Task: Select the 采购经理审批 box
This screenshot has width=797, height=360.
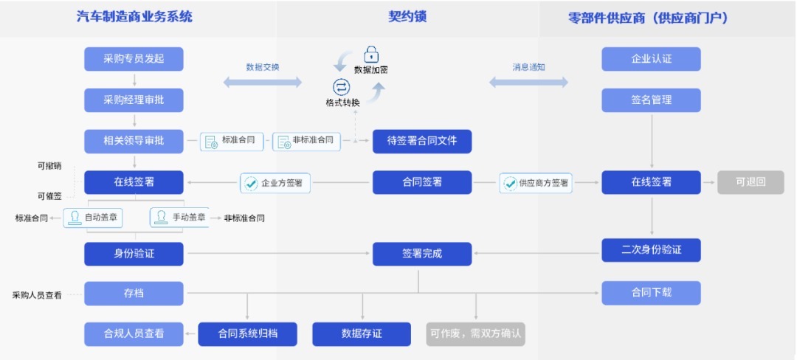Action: point(134,100)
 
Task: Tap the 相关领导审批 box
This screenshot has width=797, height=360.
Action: point(134,140)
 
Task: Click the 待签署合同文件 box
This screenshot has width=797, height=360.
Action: point(421,140)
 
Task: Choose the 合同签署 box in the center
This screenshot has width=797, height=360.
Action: point(421,182)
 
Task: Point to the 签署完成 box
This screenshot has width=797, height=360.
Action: point(421,254)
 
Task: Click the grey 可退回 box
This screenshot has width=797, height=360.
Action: point(751,182)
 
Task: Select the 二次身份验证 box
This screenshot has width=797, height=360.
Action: point(651,249)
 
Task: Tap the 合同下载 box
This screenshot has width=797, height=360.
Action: point(651,293)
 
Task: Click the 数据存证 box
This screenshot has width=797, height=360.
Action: point(362,333)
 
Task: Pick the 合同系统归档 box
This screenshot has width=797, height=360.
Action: point(247,333)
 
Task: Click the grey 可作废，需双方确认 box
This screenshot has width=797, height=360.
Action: point(476,333)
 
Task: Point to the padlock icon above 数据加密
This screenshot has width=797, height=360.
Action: point(371,54)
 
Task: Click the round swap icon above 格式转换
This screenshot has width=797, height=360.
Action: point(341,86)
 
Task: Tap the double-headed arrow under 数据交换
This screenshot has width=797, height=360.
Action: point(262,82)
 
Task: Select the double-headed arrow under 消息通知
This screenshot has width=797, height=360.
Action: point(528,82)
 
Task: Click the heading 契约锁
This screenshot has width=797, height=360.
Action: point(407,17)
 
